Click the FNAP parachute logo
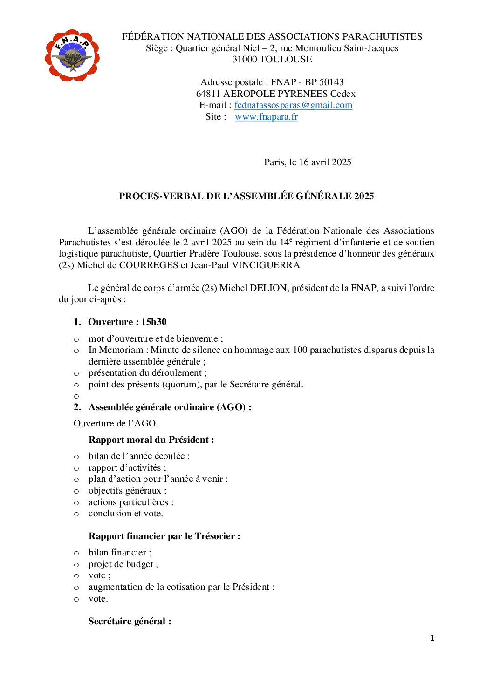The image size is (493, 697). pyautogui.click(x=72, y=55)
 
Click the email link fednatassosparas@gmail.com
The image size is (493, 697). pyautogui.click(x=293, y=105)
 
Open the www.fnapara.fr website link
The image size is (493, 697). pyautogui.click(x=266, y=117)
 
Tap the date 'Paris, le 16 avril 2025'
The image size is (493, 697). pyautogui.click(x=308, y=162)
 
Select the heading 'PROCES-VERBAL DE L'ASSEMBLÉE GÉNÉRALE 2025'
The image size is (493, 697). pyautogui.click(x=246, y=196)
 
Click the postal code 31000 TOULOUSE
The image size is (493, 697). pyautogui.click(x=272, y=60)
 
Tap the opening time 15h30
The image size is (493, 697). pyautogui.click(x=154, y=322)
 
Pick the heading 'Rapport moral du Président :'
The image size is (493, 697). pyautogui.click(x=151, y=440)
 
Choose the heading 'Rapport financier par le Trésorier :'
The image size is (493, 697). pyautogui.click(x=164, y=536)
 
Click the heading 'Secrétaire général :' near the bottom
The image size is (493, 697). pyautogui.click(x=130, y=622)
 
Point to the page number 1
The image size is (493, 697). pyautogui.click(x=432, y=638)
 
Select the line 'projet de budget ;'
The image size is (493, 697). pyautogui.click(x=123, y=564)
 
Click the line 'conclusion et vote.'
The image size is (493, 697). pyautogui.click(x=126, y=514)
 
